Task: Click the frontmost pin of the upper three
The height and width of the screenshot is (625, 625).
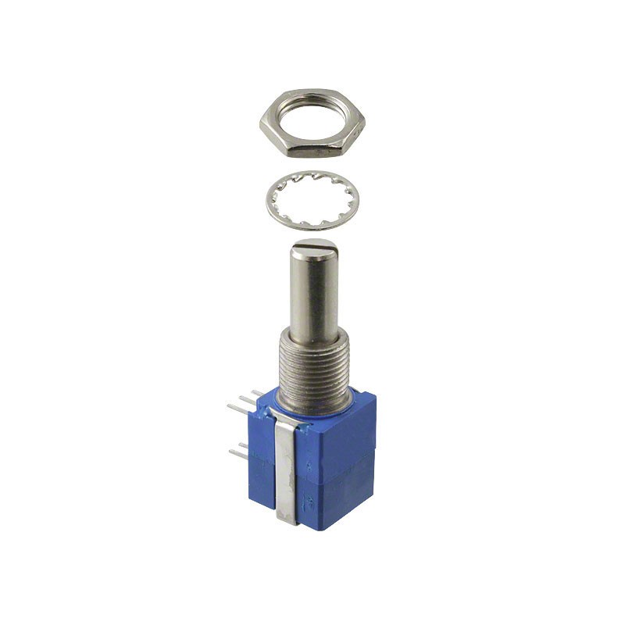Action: pyautogui.click(x=235, y=407)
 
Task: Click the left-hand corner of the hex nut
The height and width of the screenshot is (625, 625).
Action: pyautogui.click(x=262, y=125)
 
